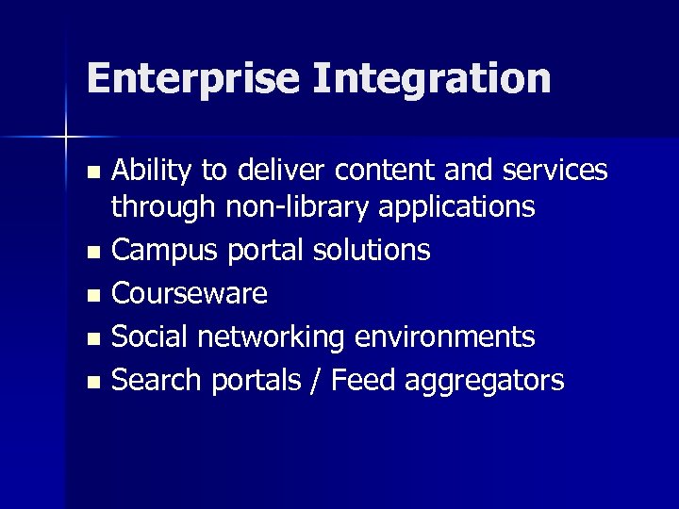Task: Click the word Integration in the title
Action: point(432,78)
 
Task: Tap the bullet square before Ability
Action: point(91,172)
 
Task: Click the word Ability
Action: point(153,170)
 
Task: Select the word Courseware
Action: point(190,293)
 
